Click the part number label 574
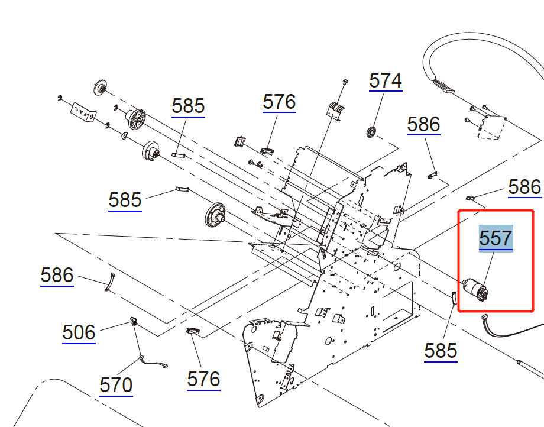click(386, 80)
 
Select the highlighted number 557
click(496, 238)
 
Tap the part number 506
click(79, 332)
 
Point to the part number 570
click(116, 384)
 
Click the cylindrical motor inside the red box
click(474, 289)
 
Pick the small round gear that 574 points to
click(371, 132)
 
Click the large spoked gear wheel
click(135, 119)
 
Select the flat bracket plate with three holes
click(83, 112)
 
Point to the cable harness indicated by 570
click(153, 362)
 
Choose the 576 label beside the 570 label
click(203, 379)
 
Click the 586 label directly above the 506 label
click(57, 275)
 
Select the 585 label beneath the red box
click(441, 350)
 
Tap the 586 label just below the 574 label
click(423, 124)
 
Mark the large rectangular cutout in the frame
click(399, 306)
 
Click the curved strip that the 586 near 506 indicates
click(109, 282)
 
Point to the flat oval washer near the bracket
click(124, 136)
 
